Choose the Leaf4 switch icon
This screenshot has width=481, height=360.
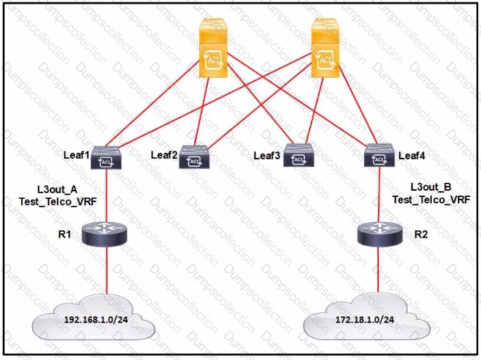point(378,157)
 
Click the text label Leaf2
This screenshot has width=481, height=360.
point(164,155)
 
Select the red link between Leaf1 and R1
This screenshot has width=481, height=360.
point(104,195)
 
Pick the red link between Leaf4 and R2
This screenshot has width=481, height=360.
point(378,195)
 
